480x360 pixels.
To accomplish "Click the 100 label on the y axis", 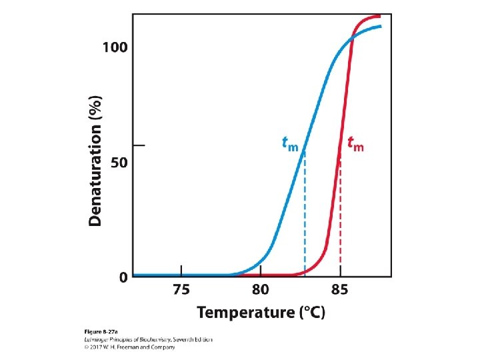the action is pos(115,47).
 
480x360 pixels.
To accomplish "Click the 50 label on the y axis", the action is pos(119,162).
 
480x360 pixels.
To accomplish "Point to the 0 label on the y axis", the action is pos(123,277).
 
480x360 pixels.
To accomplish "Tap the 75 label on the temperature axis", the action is pos(181,289).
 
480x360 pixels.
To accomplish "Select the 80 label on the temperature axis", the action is pos(261,289).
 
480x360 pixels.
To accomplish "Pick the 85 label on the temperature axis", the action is pos(340,289).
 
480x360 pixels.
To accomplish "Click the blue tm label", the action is pos(290,144).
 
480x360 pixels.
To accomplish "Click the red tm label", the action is pos(356,144).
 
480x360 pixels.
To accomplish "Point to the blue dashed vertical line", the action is pos(305,212).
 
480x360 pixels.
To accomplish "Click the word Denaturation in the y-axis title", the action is pos(95,175).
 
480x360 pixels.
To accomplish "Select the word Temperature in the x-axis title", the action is pos(245,312).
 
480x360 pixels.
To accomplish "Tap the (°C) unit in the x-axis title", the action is pos(312,312).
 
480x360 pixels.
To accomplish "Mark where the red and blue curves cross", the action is pos(352,38).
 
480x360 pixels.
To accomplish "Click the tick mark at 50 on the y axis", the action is pos(139,145).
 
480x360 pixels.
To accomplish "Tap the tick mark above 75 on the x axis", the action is pos(181,271).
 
